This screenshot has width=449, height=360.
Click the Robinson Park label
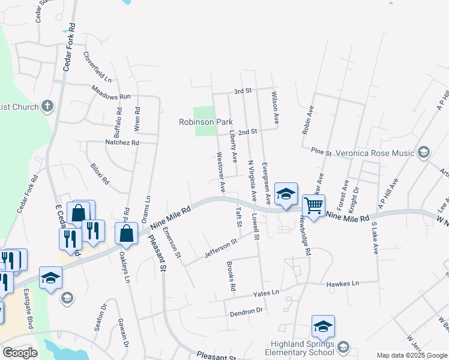tap(205, 122)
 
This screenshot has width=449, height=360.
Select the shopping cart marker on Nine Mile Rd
tap(313, 206)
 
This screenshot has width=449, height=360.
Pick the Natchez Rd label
tap(122, 143)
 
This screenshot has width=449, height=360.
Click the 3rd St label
tap(242, 91)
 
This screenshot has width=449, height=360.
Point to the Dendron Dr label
tap(247, 311)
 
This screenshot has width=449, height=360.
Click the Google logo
tap(20, 353)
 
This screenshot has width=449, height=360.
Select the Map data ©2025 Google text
tap(412, 355)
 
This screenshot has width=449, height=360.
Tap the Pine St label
tap(321, 152)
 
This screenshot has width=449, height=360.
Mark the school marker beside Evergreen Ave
tap(286, 194)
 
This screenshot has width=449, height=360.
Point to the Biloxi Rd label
tap(100, 173)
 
